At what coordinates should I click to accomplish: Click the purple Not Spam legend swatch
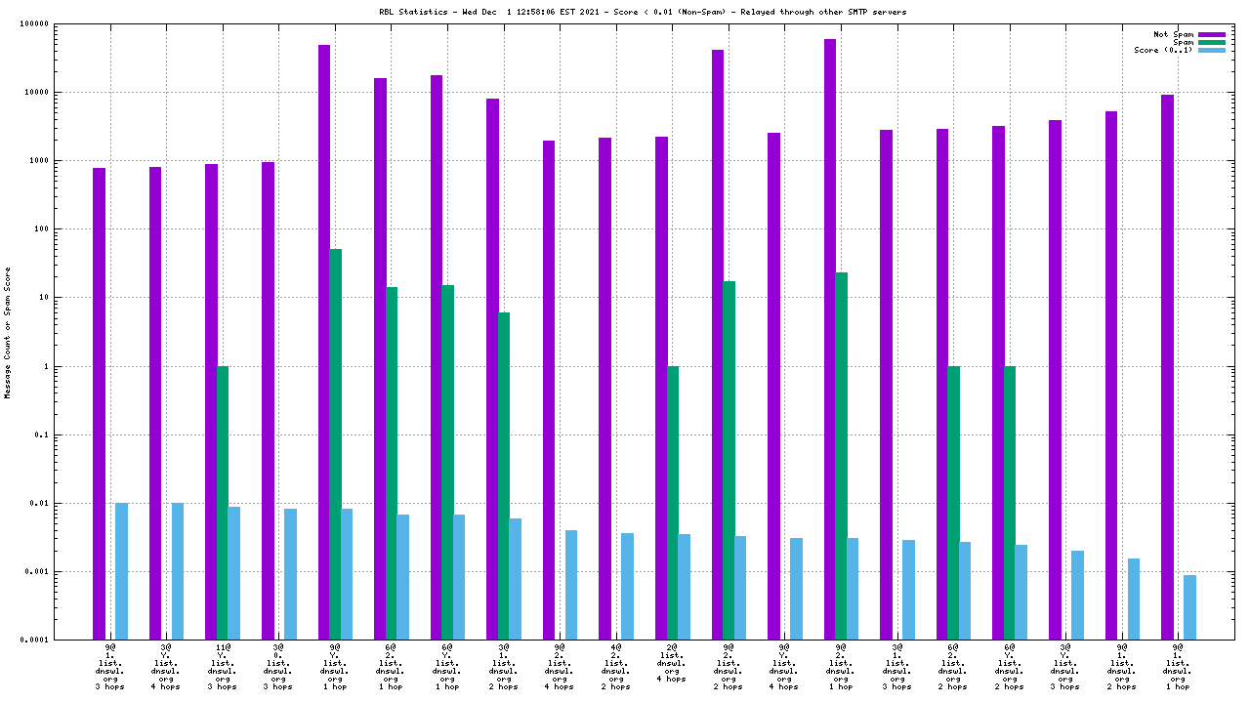tap(1211, 34)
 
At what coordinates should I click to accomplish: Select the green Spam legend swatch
tap(1211, 42)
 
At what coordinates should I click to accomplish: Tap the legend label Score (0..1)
tap(1163, 50)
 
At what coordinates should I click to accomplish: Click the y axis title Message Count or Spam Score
tap(8, 332)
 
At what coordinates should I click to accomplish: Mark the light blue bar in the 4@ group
tap(627, 586)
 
